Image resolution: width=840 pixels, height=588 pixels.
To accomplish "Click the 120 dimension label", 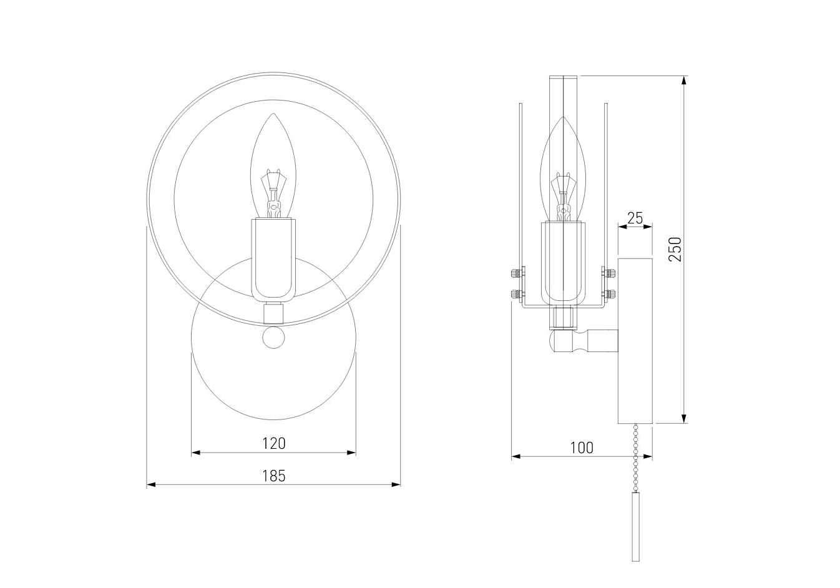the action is point(274,444).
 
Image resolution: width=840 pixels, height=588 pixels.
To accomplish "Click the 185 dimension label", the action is point(274,476).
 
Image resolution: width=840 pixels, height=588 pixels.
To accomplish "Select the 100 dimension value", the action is point(582,448).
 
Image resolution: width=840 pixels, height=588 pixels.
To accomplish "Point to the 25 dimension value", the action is point(635,218).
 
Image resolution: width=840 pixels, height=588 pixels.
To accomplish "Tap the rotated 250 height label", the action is point(675,250).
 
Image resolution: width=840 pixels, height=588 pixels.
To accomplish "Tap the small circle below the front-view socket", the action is point(273,338).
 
